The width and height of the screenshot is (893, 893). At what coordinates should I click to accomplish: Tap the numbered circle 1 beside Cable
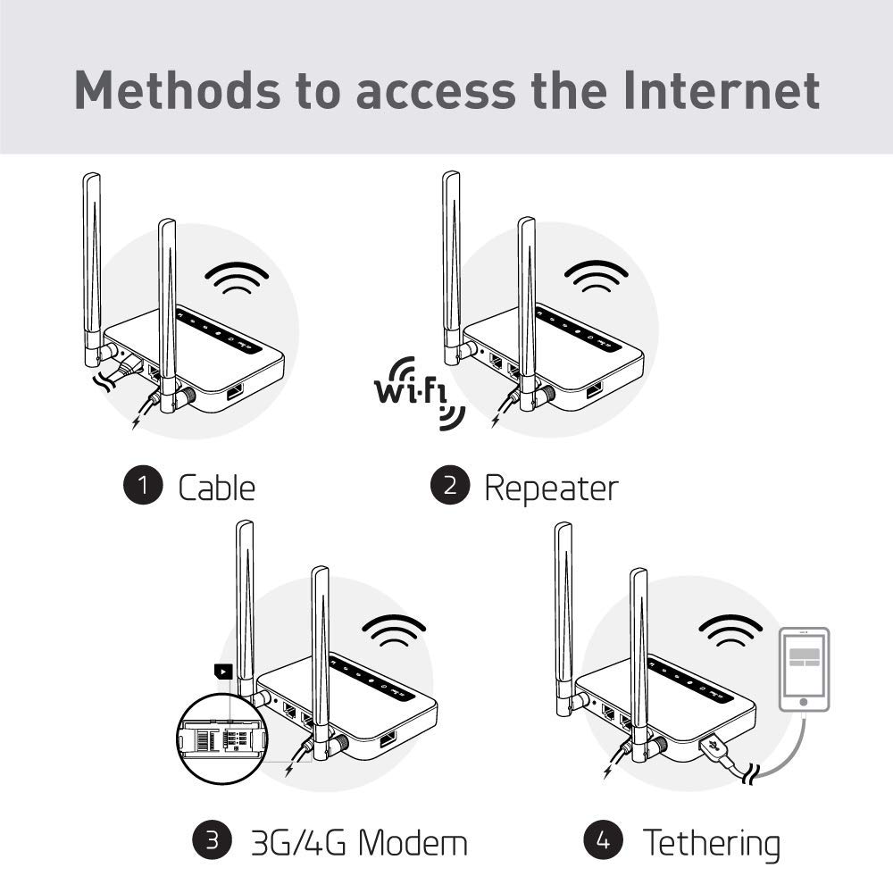pos(143,486)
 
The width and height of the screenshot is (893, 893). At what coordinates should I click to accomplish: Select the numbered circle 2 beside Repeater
pos(450,486)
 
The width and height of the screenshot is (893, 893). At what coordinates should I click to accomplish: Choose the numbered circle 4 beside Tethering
pos(603,840)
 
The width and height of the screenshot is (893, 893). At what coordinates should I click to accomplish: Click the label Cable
pos(216,488)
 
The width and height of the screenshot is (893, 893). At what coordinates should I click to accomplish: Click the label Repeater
pos(550,488)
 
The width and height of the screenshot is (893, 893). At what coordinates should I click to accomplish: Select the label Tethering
pos(711,842)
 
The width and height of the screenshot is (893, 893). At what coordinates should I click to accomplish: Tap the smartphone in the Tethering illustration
pos(804,669)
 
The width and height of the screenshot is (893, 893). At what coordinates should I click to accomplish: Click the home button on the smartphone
pos(804,702)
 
